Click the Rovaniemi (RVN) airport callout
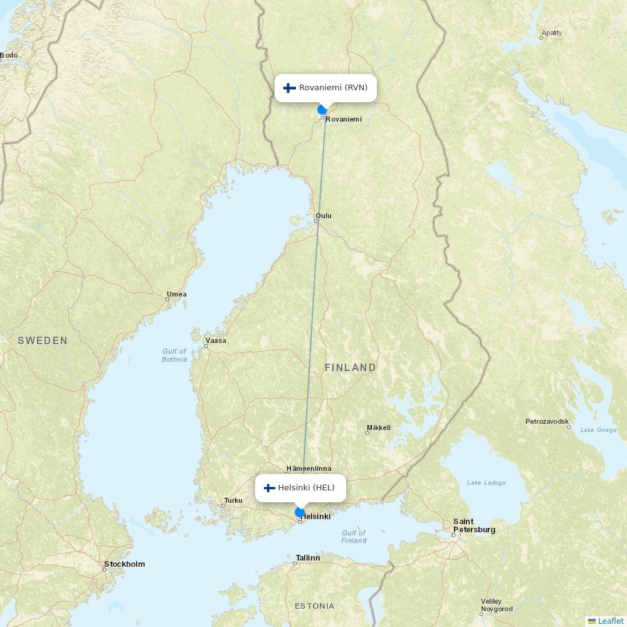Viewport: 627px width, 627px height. click(325, 88)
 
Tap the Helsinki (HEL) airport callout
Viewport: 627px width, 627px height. click(300, 488)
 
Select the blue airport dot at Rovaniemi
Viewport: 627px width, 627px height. click(322, 110)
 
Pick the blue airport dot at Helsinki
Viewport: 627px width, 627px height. click(300, 512)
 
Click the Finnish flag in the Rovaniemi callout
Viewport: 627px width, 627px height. click(290, 88)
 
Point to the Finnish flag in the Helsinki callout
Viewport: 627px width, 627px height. click(270, 488)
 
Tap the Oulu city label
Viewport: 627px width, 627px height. click(324, 216)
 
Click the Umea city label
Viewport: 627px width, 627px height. click(176, 294)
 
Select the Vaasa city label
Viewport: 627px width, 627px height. click(216, 340)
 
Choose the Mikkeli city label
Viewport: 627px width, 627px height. click(379, 428)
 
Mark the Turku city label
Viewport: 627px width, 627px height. click(233, 500)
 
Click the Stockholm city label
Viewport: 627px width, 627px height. click(124, 564)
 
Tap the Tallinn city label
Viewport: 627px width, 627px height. click(307, 557)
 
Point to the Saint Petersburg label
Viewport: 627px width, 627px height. click(474, 525)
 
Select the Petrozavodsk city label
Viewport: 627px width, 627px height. click(547, 421)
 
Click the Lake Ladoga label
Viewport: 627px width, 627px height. click(486, 482)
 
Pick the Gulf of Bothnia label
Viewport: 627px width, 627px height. click(174, 356)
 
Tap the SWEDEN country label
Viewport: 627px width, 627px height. click(43, 340)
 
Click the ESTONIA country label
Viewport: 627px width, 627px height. click(315, 606)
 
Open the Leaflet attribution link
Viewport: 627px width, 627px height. click(610, 621)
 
